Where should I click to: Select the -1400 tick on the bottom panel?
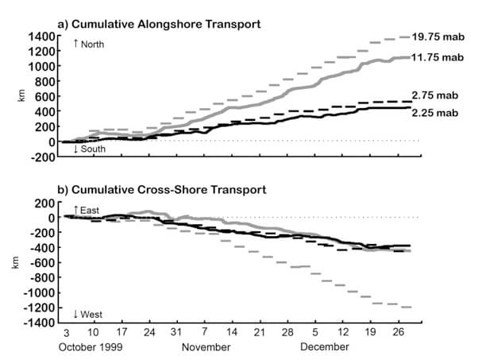37,323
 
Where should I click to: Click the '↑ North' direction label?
88,45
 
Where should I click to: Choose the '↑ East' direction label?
87,209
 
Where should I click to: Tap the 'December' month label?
324,347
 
